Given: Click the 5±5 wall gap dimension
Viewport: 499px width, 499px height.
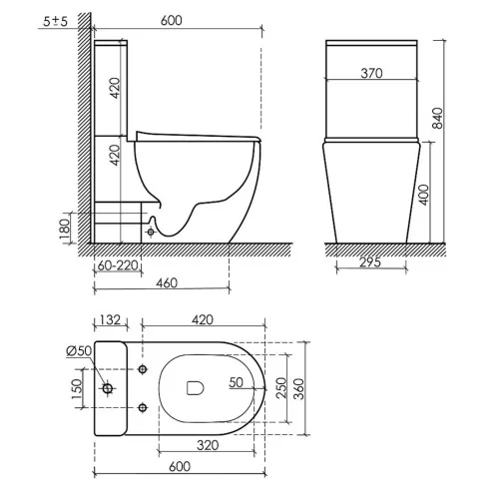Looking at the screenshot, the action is click(55, 21).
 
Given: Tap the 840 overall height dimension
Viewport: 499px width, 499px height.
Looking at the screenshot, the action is click(438, 118).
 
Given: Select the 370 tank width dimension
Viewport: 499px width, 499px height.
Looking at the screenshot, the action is click(371, 73).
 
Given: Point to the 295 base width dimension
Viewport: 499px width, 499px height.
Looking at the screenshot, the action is click(370, 262).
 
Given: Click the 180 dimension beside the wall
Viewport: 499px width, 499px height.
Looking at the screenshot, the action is click(65, 229).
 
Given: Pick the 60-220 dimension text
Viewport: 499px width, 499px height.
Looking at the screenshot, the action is click(118, 265).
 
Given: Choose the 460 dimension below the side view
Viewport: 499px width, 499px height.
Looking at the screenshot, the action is click(167, 282).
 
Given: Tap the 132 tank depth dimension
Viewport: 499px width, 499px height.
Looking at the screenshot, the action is click(110, 319).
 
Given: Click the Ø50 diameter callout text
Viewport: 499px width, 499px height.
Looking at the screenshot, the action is click(79, 350).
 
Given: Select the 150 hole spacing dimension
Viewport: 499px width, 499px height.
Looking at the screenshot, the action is click(77, 388).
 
